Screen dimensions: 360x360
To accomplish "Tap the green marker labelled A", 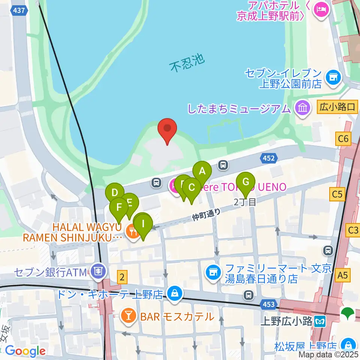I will click(x=202, y=171).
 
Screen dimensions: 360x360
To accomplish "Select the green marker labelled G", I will click(x=246, y=182).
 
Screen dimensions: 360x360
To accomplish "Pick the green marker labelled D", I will click(x=115, y=193).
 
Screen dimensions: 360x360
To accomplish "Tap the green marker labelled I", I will click(x=143, y=224).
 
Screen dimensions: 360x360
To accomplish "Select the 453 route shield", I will click(x=269, y=304).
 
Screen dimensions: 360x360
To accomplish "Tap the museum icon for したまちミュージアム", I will click(x=302, y=109).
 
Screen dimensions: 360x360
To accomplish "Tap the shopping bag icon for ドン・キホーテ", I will click(x=175, y=294).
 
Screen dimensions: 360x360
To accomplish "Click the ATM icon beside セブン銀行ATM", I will click(x=99, y=270).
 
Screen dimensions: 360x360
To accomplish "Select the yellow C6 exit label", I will click(x=343, y=139).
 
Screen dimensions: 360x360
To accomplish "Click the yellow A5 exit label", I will click(x=343, y=276).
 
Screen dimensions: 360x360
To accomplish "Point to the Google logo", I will click(x=25, y=351).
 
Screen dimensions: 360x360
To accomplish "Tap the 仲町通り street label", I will click(x=206, y=215).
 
